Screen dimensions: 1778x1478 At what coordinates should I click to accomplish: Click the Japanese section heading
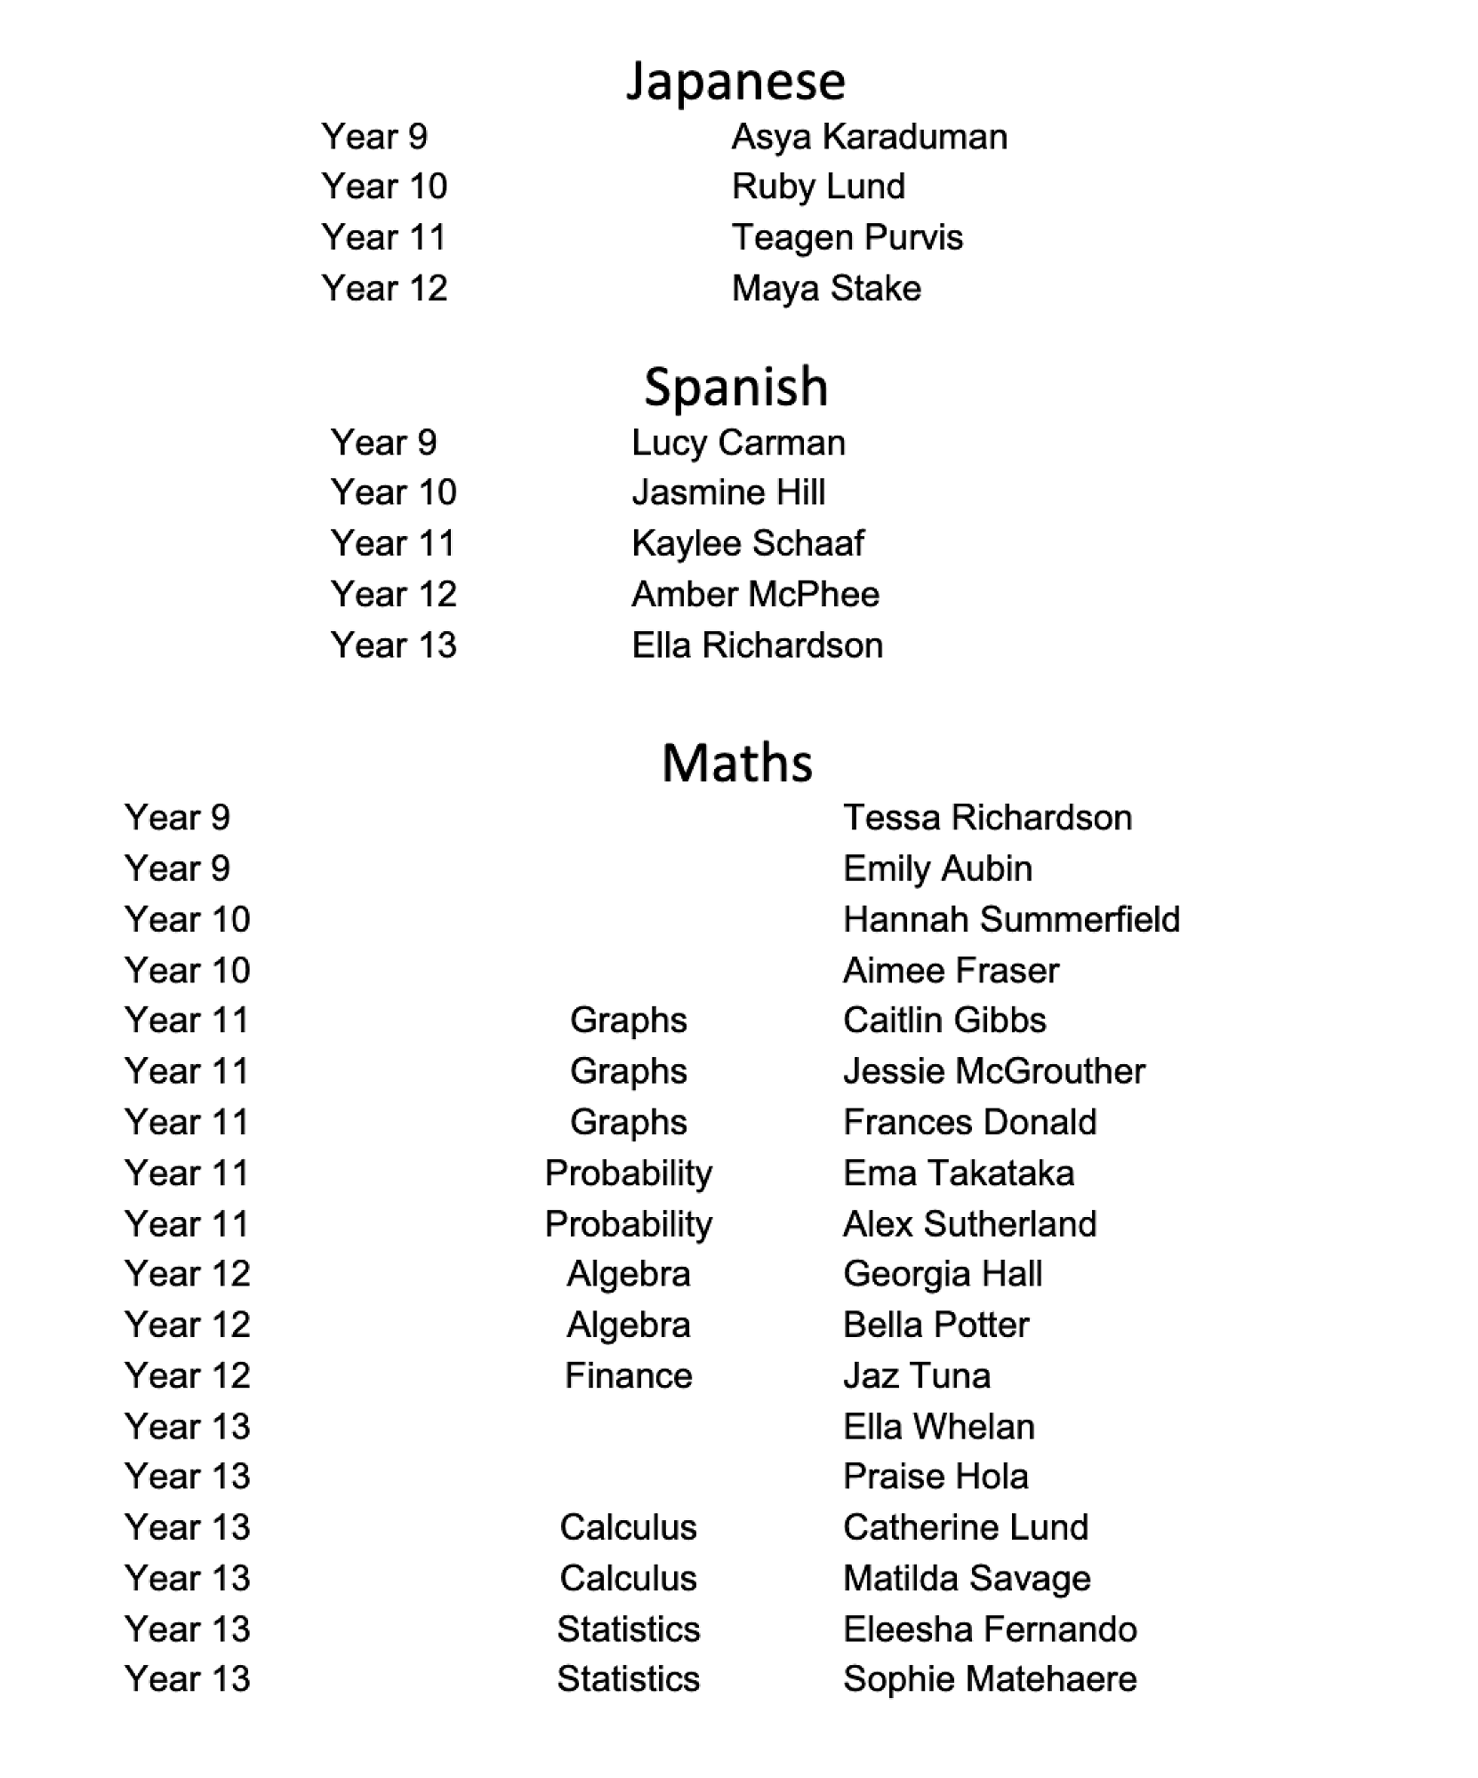point(735,82)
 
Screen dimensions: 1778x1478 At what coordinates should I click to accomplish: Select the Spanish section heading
point(735,388)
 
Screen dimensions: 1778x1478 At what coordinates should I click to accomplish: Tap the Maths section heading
point(737,764)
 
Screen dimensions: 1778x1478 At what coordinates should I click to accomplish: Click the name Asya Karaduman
point(869,137)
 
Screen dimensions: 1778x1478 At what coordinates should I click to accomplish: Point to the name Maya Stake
point(826,289)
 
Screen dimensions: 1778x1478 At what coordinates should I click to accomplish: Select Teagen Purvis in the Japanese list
point(847,238)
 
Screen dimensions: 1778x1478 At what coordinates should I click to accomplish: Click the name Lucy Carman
point(738,443)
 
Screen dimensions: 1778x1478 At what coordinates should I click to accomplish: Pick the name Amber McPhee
point(755,595)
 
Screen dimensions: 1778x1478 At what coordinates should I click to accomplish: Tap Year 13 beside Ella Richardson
point(393,645)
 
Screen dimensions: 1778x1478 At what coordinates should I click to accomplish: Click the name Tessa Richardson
point(987,818)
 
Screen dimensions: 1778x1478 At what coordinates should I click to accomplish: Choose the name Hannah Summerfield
point(1011,919)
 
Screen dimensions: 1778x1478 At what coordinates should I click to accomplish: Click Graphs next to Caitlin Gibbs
point(628,1021)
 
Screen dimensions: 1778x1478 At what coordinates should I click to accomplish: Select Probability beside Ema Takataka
point(628,1173)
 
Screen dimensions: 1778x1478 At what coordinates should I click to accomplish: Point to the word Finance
point(628,1376)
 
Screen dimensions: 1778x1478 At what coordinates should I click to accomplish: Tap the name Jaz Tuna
point(916,1376)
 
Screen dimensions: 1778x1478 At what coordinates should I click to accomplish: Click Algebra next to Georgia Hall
point(628,1275)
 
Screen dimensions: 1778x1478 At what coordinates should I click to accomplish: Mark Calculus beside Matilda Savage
point(628,1579)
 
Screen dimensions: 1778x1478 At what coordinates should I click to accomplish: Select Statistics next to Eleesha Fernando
point(628,1630)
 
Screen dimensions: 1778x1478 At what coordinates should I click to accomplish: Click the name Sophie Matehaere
point(990,1679)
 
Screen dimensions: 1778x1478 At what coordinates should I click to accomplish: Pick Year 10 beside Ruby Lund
point(384,187)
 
